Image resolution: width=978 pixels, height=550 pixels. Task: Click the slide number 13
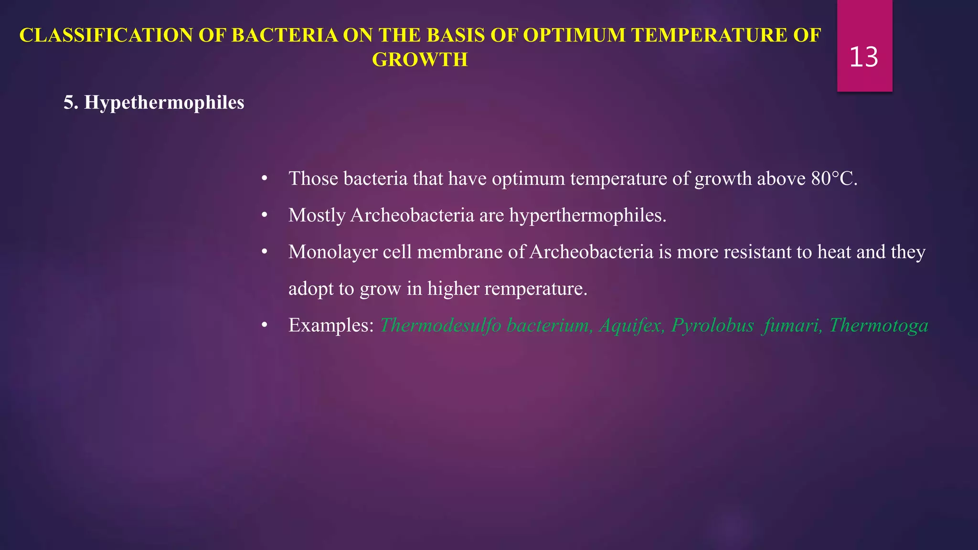point(863,57)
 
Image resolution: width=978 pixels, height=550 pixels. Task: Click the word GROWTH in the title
point(420,60)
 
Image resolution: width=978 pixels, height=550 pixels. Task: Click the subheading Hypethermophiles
point(164,103)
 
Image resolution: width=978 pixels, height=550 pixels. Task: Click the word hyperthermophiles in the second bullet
point(587,215)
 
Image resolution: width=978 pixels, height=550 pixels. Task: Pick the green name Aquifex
point(631,325)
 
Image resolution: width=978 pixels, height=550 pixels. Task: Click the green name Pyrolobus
point(712,325)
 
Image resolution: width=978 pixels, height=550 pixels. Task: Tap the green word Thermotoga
point(879,325)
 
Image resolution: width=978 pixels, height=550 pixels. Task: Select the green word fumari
point(792,325)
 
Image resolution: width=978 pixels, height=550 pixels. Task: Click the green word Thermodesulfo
point(440,325)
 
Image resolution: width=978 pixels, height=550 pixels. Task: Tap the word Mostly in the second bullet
point(317,215)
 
